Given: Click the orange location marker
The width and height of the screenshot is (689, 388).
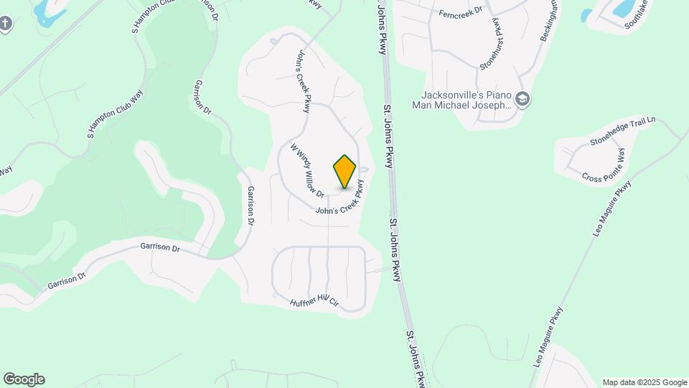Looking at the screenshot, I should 344,171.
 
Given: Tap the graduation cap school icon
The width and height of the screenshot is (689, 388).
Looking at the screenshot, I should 522,99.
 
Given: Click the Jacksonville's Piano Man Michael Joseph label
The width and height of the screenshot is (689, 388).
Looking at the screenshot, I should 464,99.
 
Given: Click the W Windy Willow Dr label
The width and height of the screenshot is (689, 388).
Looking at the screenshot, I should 307,170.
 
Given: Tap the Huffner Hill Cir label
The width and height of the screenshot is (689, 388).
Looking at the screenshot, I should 314,302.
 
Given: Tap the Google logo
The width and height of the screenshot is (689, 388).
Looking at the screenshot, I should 24,379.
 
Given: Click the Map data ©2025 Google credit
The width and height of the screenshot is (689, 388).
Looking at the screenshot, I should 645,382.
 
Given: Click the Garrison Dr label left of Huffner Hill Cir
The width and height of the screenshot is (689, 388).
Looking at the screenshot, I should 160,246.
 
